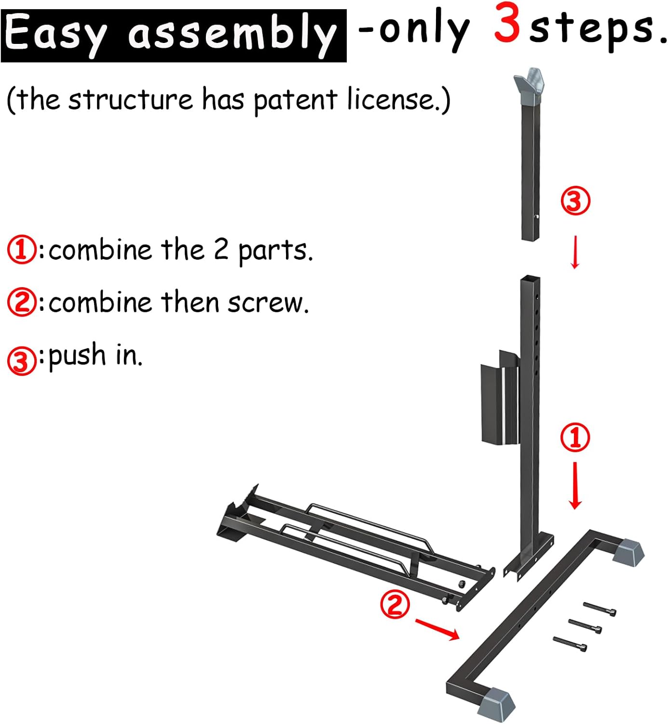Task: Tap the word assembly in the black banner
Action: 232,35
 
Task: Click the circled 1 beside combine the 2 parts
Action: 21,250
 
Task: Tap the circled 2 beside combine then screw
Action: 21,303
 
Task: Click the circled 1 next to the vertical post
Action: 575,437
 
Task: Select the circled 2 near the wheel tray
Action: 395,604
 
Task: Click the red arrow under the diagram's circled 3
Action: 575,252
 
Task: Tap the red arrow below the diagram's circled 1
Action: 575,485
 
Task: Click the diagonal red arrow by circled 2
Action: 437,629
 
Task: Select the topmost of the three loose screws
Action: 600,609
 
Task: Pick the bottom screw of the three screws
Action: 570,643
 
